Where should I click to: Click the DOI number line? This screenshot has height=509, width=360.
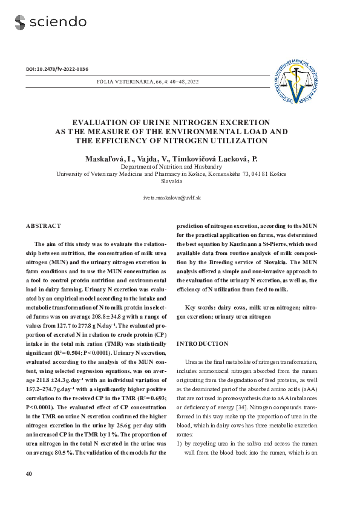click(x=57, y=69)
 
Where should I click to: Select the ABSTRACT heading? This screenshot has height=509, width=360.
click(x=44, y=226)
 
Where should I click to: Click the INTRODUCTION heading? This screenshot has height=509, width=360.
click(x=202, y=344)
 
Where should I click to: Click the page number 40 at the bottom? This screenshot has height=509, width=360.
click(x=29, y=474)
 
